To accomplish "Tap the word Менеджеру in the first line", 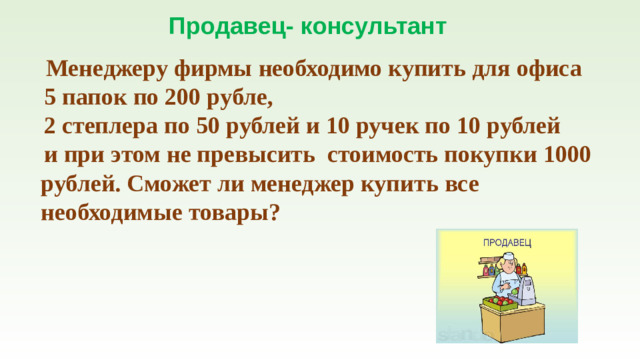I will pos(107,72).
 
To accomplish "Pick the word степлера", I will pos(113,129).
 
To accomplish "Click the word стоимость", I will pos(382,157).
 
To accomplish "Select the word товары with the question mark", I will pos(227,213).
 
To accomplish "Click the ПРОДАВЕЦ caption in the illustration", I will pos(507,242).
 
